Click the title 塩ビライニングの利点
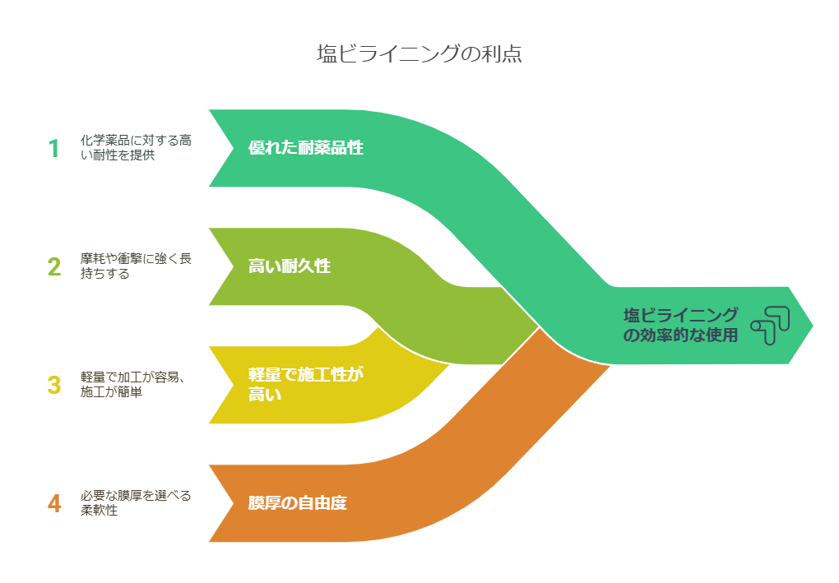click(419, 53)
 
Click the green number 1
click(54, 148)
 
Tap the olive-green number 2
click(54, 267)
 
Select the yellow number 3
click(54, 385)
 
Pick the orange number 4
click(54, 503)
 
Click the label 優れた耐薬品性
click(305, 148)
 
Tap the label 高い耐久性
click(289, 266)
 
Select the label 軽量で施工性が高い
click(305, 385)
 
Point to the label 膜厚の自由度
click(297, 502)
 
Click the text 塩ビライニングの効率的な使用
click(680, 325)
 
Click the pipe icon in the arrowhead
click(770, 326)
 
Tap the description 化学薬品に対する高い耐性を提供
click(136, 148)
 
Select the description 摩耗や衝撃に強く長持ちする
click(136, 266)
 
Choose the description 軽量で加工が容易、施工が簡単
click(133, 385)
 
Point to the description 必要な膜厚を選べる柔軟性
click(136, 502)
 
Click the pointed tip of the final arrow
click(813, 325)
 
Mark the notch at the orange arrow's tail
click(234, 503)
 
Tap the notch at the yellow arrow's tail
click(234, 385)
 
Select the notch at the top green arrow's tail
click(234, 148)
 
